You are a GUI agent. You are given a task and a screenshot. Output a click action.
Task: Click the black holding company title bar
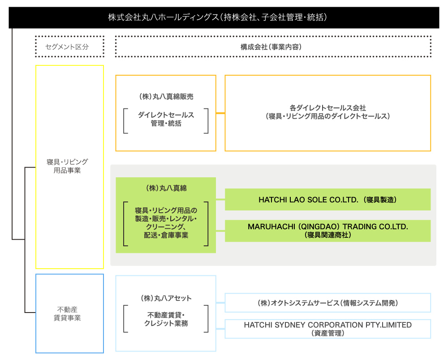(x=224, y=17)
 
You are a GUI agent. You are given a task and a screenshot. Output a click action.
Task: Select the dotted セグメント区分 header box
(x=69, y=47)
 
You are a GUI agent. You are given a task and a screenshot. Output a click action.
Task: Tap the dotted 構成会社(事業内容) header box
(x=273, y=47)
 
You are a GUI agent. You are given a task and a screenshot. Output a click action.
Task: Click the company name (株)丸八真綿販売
(x=166, y=96)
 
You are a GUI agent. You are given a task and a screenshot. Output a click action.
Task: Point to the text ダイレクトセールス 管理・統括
(x=166, y=119)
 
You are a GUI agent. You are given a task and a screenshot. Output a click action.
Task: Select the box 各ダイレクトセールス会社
(x=327, y=112)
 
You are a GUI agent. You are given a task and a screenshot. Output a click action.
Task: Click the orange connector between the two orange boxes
(x=220, y=113)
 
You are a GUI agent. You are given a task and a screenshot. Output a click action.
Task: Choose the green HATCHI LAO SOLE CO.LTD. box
(x=327, y=200)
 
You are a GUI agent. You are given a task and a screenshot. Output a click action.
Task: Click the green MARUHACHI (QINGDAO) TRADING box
(x=327, y=231)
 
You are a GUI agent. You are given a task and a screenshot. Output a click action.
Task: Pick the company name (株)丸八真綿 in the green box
(x=166, y=189)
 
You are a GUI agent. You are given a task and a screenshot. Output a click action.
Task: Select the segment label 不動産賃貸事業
(x=69, y=313)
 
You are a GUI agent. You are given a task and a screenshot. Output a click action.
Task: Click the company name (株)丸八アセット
(x=166, y=298)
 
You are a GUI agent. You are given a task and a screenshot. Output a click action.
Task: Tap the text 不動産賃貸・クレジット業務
(x=166, y=319)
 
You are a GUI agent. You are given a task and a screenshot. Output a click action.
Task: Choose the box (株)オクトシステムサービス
(x=327, y=303)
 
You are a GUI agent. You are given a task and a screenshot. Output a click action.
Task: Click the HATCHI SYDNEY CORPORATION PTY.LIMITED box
(x=327, y=329)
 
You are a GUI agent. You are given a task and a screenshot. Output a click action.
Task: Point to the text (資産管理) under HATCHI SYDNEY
(x=327, y=333)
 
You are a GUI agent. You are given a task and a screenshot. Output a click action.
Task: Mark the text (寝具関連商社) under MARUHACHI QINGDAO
(x=327, y=235)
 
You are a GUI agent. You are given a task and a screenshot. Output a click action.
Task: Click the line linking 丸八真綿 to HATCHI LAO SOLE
(x=220, y=199)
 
